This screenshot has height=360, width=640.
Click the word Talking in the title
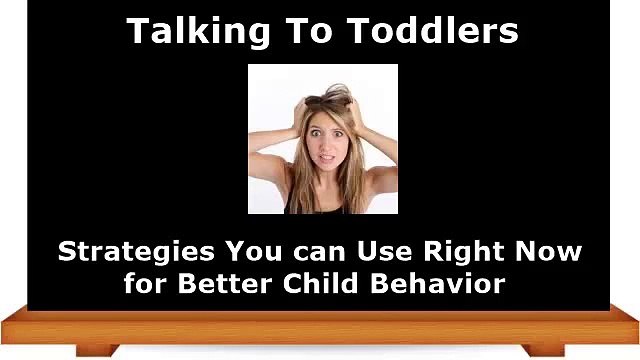click(x=187, y=31)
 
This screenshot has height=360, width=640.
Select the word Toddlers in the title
click(x=445, y=31)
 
